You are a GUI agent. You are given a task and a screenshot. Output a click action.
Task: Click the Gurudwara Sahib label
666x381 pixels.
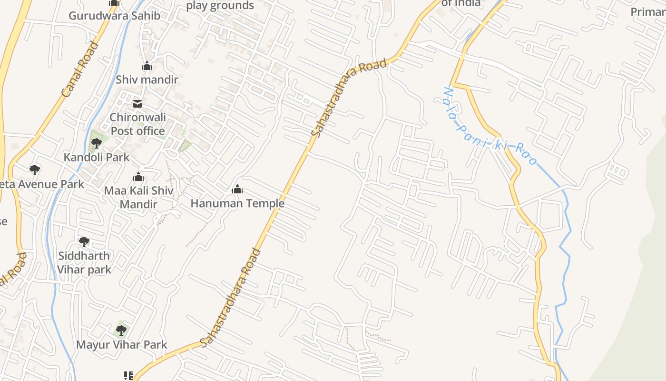coord(114,16)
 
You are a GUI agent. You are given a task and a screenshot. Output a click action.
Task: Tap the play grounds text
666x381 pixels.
coord(220,6)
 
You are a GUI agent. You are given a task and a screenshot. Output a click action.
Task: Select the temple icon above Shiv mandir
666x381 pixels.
coord(147,66)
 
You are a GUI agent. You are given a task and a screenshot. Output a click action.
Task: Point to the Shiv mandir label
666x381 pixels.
coord(147,80)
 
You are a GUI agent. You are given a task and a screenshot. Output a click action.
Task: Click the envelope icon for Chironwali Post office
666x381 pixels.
coord(137,104)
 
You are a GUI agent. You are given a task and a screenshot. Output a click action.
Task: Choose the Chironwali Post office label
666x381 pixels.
coord(137,124)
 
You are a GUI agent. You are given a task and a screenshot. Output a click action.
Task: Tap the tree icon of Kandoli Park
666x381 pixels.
coord(97,142)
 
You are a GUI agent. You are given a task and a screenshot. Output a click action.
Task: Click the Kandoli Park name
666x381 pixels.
coord(97,157)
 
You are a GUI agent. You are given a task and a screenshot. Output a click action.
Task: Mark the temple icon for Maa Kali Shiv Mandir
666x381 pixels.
coord(138,177)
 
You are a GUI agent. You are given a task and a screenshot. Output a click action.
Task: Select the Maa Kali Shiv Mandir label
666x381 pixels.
coord(138,197)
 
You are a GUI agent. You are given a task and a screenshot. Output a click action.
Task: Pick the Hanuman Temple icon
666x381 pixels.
coord(237,190)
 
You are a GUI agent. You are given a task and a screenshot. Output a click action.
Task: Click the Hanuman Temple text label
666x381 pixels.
coord(237,204)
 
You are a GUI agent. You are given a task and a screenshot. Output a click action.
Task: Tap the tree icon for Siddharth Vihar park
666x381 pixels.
coord(84,242)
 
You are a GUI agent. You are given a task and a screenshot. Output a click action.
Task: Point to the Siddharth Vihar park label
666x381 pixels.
coord(84,262)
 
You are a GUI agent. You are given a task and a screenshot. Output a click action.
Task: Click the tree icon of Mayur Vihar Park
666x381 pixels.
coord(121,330)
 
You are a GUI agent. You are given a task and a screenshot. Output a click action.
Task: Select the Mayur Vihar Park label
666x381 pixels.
coord(122,344)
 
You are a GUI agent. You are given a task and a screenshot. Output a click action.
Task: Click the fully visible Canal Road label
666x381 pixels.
coord(80,70)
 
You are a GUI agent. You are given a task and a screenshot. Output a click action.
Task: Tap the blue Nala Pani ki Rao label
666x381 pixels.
coord(490,126)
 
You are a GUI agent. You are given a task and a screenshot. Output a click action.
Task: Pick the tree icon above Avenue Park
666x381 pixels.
coord(34,170)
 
